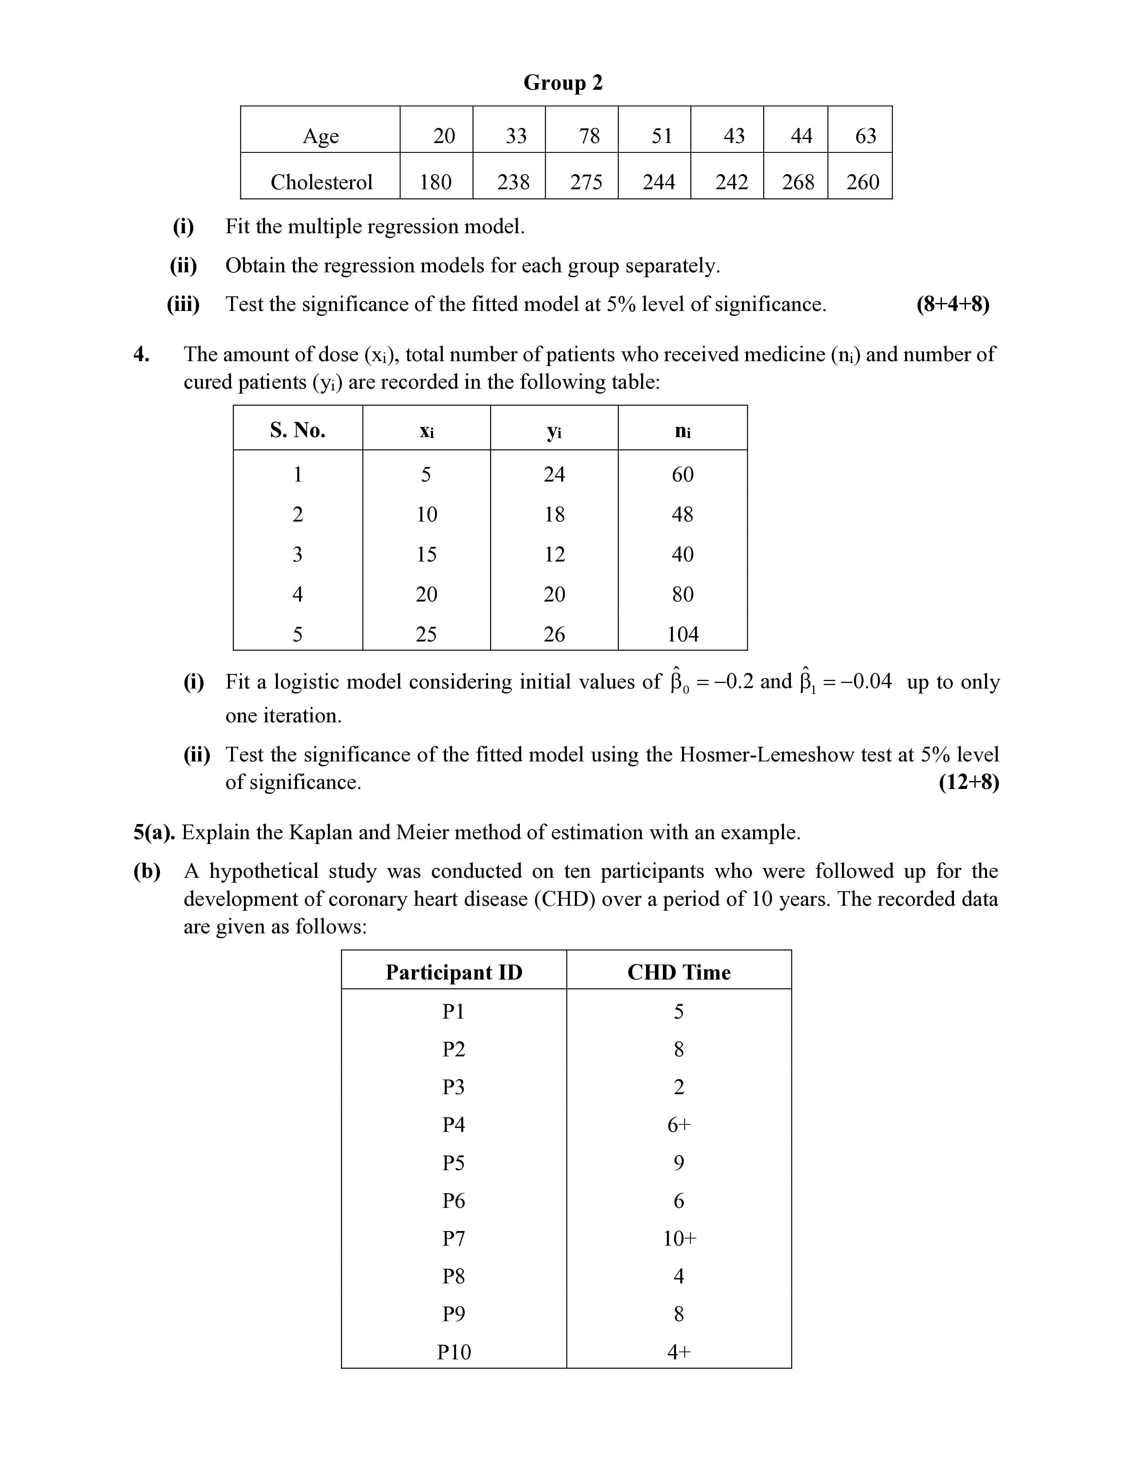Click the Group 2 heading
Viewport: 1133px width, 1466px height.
[x=563, y=83]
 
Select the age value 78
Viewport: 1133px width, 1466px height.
[x=589, y=136]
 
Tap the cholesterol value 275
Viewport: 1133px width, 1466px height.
[x=586, y=182]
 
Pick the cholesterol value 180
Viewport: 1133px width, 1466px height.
[x=435, y=182]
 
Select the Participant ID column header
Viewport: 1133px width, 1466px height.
[x=454, y=972]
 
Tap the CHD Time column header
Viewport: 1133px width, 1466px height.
[x=678, y=972]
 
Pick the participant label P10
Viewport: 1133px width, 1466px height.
[x=454, y=1352]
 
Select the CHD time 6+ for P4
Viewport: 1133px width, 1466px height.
[x=678, y=1125]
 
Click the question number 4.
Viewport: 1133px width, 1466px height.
[x=141, y=355]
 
